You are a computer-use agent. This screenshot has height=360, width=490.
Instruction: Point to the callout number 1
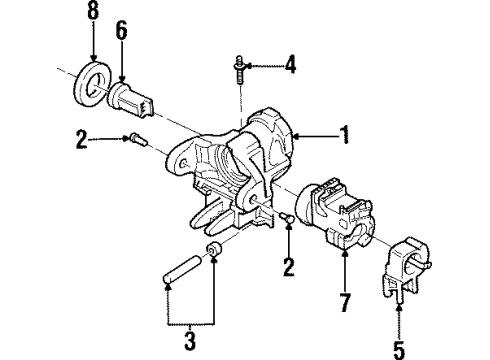[x=346, y=135]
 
